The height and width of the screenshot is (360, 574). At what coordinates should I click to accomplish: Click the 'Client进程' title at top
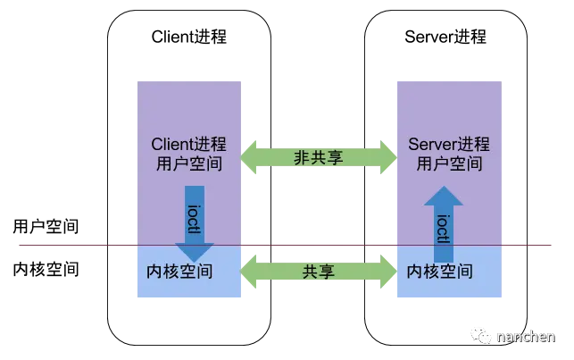[x=189, y=37]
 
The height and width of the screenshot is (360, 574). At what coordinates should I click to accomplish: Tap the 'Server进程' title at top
[x=445, y=37]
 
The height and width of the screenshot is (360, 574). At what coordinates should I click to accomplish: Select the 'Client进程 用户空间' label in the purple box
[x=189, y=154]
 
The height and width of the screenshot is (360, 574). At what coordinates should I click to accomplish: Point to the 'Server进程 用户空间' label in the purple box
[x=449, y=154]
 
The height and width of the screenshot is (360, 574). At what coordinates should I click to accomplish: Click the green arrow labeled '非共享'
[x=319, y=157]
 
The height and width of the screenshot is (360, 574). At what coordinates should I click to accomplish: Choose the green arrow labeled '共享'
[x=319, y=272]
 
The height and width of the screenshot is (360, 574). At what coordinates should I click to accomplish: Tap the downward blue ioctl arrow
[x=195, y=223]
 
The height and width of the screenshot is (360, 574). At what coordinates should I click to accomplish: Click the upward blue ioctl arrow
[x=444, y=224]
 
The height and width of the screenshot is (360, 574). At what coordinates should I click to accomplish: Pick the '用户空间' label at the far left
[x=46, y=226]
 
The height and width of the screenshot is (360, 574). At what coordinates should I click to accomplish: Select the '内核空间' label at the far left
[x=46, y=269]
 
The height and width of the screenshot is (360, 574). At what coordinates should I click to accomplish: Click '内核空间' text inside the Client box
[x=179, y=272]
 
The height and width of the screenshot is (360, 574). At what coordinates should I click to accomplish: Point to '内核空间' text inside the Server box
[x=440, y=272]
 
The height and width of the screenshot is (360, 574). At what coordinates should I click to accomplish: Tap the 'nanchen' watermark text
[x=526, y=337]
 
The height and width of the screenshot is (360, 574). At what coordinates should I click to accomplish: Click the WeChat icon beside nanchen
[x=480, y=336]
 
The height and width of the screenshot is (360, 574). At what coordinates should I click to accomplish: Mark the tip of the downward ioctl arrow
[x=195, y=262]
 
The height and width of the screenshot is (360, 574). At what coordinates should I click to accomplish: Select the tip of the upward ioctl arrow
[x=444, y=186]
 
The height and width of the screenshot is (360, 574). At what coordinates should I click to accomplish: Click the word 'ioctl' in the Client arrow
[x=194, y=220]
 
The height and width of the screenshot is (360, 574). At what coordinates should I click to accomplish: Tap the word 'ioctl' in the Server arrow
[x=444, y=229]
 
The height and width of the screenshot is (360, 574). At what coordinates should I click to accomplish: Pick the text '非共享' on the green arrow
[x=318, y=157]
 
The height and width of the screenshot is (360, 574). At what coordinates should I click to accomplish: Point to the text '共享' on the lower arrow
[x=318, y=272]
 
